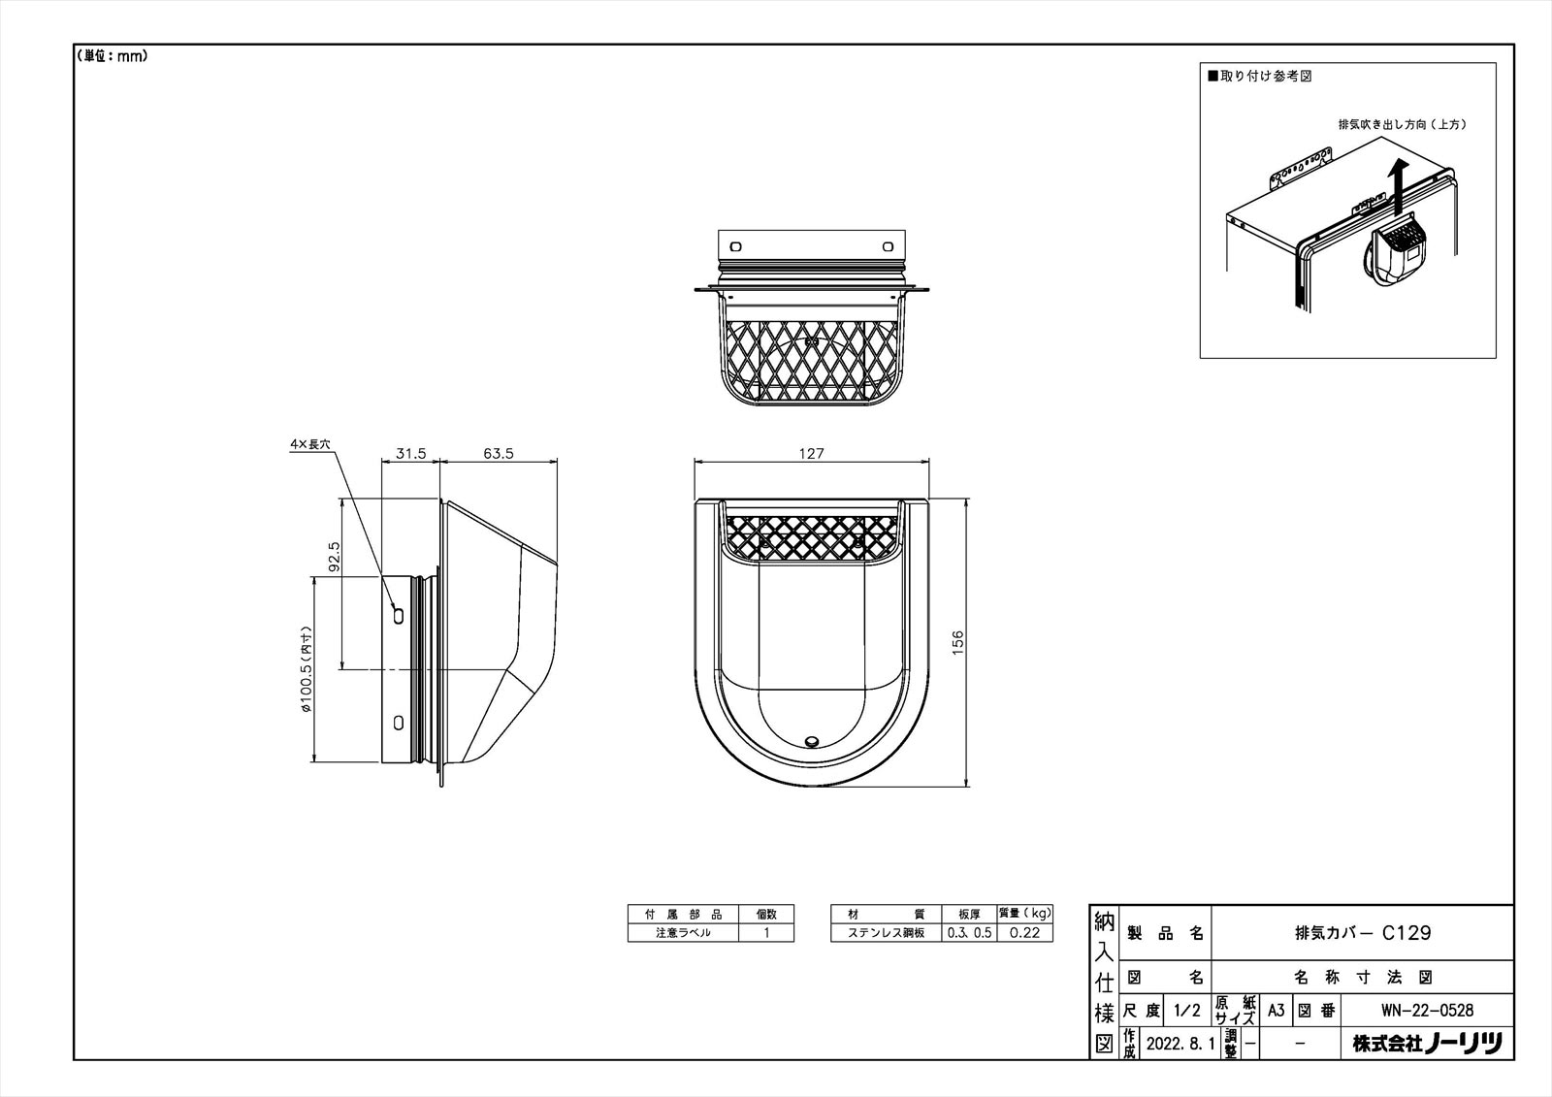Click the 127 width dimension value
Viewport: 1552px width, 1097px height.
tap(811, 453)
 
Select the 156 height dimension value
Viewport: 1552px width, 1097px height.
tap(957, 642)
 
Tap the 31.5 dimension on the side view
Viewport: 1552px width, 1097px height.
tap(411, 453)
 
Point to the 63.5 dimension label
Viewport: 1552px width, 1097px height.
tap(499, 453)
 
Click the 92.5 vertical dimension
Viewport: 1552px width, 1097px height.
tap(334, 557)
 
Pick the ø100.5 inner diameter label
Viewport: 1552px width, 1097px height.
tap(307, 669)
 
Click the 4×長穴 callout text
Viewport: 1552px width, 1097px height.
tap(309, 444)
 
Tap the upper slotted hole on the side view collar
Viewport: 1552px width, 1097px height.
tap(399, 615)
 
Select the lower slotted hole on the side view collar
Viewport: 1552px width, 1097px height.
tap(399, 723)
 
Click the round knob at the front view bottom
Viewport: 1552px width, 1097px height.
tap(811, 743)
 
